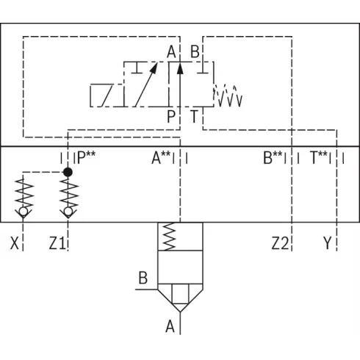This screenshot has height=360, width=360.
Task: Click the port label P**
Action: click(x=86, y=157)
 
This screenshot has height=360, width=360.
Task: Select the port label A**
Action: click(x=161, y=157)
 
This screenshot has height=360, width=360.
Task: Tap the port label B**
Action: click(x=273, y=157)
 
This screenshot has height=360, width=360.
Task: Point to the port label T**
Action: click(x=318, y=157)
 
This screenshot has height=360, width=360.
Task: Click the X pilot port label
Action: click(x=15, y=243)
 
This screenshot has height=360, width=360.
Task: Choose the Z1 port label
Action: click(x=57, y=243)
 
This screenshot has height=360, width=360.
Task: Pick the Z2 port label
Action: click(x=280, y=243)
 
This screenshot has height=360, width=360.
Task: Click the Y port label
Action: click(x=328, y=243)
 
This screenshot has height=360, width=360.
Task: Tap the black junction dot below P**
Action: click(x=68, y=172)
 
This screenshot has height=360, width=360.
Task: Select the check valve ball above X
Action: click(x=23, y=211)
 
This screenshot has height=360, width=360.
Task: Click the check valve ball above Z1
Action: click(x=68, y=211)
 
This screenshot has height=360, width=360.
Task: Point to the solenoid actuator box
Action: click(x=107, y=96)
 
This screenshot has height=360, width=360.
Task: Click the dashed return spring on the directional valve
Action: click(x=228, y=96)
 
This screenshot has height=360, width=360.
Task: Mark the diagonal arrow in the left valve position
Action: click(x=146, y=84)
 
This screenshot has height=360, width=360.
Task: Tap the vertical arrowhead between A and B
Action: click(x=180, y=68)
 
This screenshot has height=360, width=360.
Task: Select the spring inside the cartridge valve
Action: click(x=169, y=237)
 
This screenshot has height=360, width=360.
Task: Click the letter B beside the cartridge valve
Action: click(x=143, y=278)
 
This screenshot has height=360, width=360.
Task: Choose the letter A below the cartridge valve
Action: click(x=170, y=326)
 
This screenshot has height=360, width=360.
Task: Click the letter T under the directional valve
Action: click(x=194, y=116)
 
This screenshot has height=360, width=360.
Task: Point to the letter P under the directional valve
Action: click(x=171, y=116)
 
